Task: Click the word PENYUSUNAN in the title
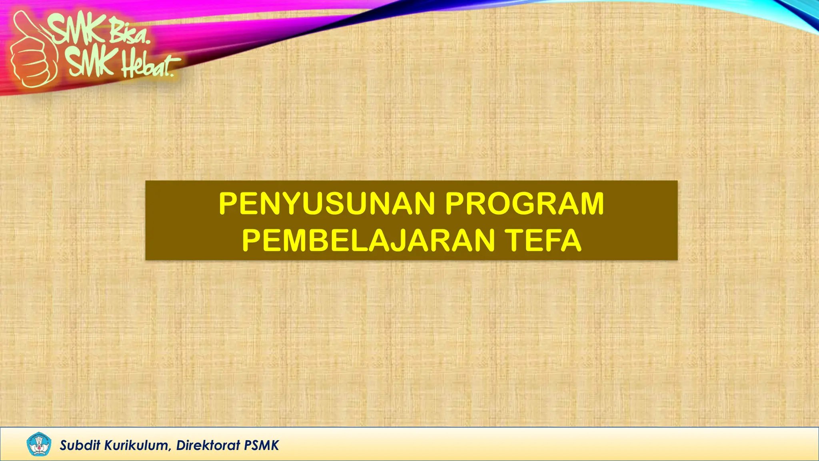tap(327, 204)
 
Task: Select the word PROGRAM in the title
tap(524, 204)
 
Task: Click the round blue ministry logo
tap(39, 444)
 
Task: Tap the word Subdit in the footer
tap(80, 445)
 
